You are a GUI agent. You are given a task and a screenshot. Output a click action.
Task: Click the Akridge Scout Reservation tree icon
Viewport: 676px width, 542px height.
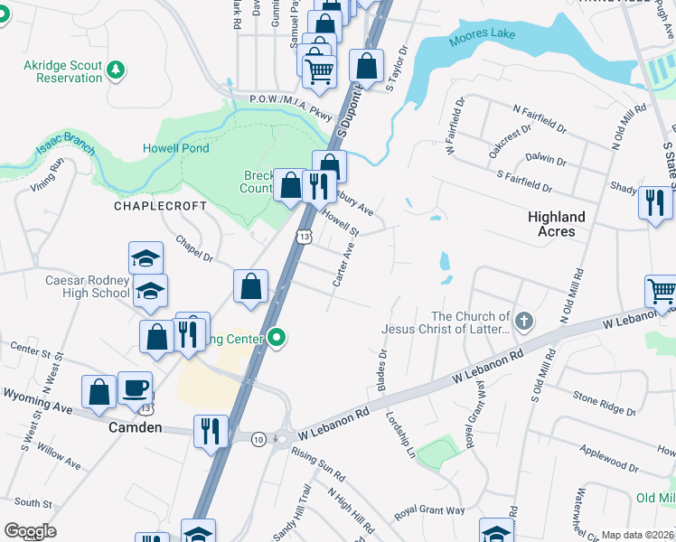coord(116,69)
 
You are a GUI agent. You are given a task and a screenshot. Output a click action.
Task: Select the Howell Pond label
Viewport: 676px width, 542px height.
coord(176,148)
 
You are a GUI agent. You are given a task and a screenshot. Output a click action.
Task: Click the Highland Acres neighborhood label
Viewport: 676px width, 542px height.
coord(556,224)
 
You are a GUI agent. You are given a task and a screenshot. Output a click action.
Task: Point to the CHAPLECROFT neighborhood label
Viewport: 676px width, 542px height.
coord(160,206)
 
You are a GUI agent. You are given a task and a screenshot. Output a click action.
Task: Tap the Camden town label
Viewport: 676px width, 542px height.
coord(136,427)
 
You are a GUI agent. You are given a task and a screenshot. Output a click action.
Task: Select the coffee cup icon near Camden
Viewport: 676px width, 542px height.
coord(135,388)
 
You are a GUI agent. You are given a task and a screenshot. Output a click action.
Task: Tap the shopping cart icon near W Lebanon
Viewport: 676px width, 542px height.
coord(662,292)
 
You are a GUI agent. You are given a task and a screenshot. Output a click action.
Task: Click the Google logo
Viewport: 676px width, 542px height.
coord(30,531)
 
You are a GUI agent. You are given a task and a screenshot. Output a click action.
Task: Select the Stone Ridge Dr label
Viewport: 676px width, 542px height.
coord(604,403)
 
